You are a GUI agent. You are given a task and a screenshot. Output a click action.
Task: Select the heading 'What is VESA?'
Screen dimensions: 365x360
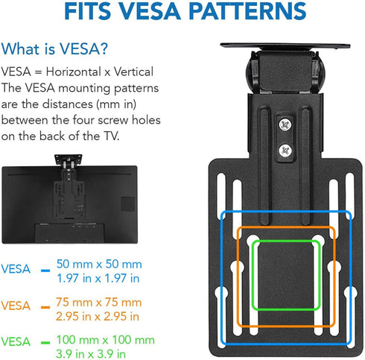tap(54, 48)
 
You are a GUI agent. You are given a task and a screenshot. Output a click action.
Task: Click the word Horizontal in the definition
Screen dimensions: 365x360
tap(74, 72)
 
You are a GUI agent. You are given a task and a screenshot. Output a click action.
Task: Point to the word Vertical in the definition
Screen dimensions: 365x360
tap(133, 72)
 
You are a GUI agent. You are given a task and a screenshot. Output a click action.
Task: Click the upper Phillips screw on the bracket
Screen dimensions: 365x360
tap(285, 124)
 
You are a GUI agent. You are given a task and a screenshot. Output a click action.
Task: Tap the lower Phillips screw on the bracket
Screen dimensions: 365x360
tap(285, 151)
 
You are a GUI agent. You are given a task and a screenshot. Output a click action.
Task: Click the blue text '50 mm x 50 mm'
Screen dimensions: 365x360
tap(99, 264)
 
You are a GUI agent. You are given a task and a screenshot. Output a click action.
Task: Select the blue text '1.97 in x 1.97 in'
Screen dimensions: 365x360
tap(98, 278)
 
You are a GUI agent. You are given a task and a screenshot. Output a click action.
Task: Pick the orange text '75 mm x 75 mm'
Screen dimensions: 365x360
tap(99, 303)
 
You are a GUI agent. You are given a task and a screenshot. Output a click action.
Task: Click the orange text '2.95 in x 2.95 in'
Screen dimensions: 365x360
tap(98, 316)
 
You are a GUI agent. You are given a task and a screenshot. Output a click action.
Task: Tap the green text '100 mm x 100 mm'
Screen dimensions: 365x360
tap(106, 340)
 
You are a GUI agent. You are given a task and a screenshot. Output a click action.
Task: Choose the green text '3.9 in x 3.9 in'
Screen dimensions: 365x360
tap(91, 353)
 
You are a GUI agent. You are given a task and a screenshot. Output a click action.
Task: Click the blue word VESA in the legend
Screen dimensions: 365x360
tap(16, 269)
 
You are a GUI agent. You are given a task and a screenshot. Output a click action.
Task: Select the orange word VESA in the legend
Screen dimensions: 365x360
tap(16, 306)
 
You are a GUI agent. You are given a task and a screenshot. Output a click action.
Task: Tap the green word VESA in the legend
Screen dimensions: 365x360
tap(16, 341)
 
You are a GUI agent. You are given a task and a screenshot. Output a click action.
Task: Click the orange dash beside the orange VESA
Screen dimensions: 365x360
tap(45, 308)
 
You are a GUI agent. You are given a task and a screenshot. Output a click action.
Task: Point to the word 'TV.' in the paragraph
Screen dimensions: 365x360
tap(112, 136)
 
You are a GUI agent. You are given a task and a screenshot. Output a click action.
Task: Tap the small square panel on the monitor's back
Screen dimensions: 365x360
tap(128, 204)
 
